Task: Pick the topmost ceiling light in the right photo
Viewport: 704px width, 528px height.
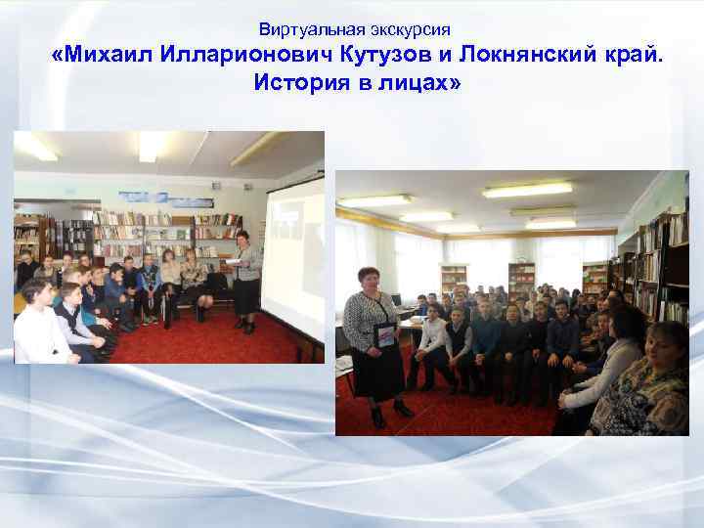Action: click(528, 190)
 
